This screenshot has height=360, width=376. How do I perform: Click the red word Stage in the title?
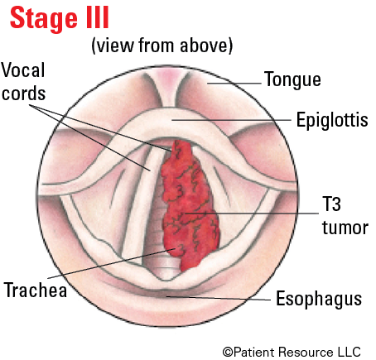click(44, 18)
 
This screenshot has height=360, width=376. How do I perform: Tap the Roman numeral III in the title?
click(98, 17)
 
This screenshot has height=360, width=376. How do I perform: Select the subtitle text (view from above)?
click(162, 46)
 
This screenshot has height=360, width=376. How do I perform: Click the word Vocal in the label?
click(23, 70)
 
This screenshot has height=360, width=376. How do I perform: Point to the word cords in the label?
click(23, 94)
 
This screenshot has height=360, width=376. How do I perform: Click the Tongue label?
click(292, 80)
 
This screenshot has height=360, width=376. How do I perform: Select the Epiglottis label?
click(332, 120)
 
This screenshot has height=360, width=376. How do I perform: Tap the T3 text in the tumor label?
click(331, 204)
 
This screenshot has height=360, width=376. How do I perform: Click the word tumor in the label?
click(345, 228)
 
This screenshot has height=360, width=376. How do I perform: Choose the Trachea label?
click(36, 290)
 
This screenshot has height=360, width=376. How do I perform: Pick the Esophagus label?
click(319, 299)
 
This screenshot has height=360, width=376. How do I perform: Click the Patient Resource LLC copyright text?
click(292, 352)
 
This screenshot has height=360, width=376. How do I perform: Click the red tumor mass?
click(189, 207)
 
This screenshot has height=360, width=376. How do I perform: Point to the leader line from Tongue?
click(234, 83)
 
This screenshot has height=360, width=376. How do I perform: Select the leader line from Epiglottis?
click(231, 120)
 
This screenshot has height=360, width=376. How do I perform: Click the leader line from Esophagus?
click(218, 298)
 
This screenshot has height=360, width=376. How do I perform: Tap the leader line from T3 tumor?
click(252, 214)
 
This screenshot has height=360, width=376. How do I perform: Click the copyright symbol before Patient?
click(228, 353)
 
